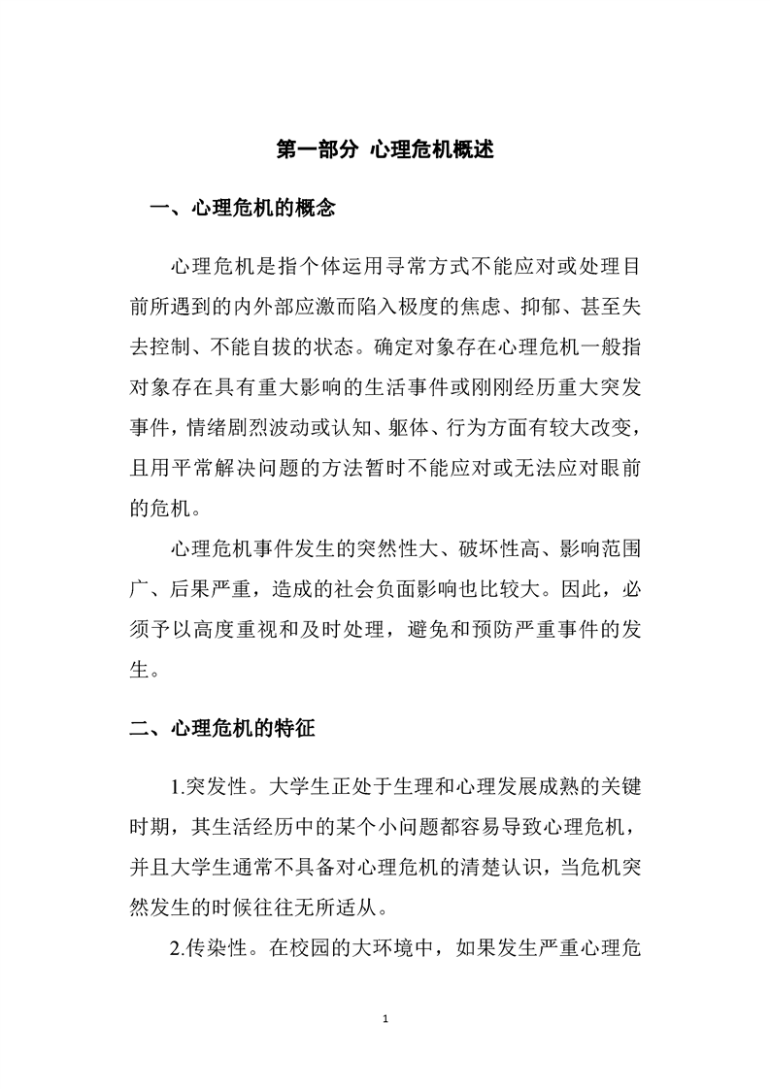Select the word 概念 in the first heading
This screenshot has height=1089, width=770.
click(x=315, y=208)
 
